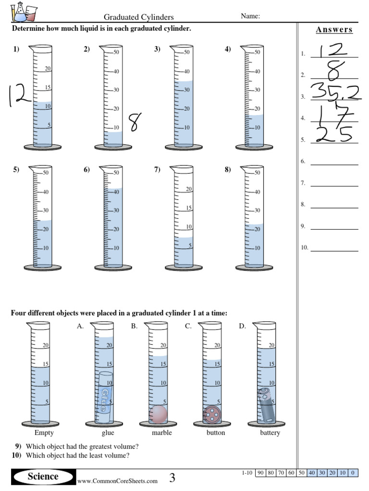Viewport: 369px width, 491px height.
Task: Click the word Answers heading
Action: (x=334, y=30)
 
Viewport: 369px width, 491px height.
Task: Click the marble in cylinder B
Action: (x=158, y=414)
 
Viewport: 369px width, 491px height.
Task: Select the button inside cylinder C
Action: (x=212, y=414)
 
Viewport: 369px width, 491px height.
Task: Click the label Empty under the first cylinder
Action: (x=41, y=433)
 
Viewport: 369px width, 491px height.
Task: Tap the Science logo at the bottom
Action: (x=43, y=476)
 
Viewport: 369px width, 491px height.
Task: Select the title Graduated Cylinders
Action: (x=139, y=17)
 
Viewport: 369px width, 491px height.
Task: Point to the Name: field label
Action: (x=250, y=16)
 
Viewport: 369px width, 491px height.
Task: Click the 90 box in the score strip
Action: (x=260, y=473)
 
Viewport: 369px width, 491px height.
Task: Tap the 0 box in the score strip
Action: (x=353, y=473)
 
